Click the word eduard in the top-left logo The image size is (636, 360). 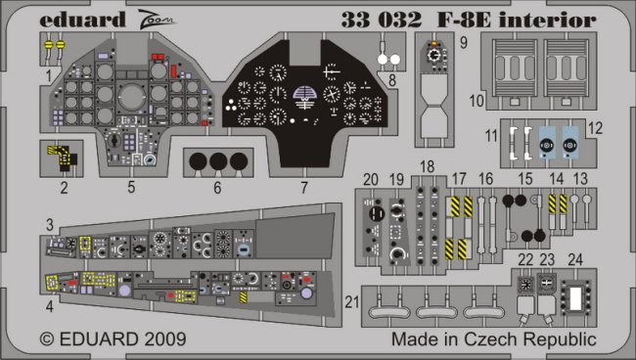pyautogui.click(x=82, y=21)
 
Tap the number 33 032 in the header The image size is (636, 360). pyautogui.click(x=382, y=20)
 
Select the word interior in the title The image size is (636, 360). pyautogui.click(x=547, y=21)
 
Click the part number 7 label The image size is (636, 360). pyautogui.click(x=304, y=188)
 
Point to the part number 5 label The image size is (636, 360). pyautogui.click(x=131, y=187)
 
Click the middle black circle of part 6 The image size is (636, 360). pyautogui.click(x=218, y=161)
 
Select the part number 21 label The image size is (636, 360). pyautogui.click(x=351, y=302)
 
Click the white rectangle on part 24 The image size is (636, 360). pyautogui.click(x=575, y=298)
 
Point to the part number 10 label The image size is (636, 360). pyautogui.click(x=477, y=101)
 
